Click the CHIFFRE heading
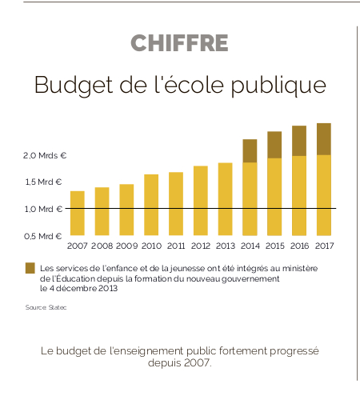pos(179,43)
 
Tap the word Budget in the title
pos(74,85)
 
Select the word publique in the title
pos(278,85)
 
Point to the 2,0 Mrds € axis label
pos(45,155)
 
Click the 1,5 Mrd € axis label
pos(43,182)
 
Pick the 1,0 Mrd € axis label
pos(43,209)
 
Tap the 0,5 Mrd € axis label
pos(43,236)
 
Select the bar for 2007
pos(78,213)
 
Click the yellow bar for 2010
pos(151,205)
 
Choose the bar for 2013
pos(225,199)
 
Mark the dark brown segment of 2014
pos(250,150)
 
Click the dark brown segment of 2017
pos(324,139)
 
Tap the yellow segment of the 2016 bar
pos(299,196)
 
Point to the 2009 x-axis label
pos(126,246)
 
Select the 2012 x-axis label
pos(201,246)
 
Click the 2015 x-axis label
pos(275,246)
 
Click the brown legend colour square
pos(30,268)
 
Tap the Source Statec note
pos(46,307)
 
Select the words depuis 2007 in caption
pos(180,363)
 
